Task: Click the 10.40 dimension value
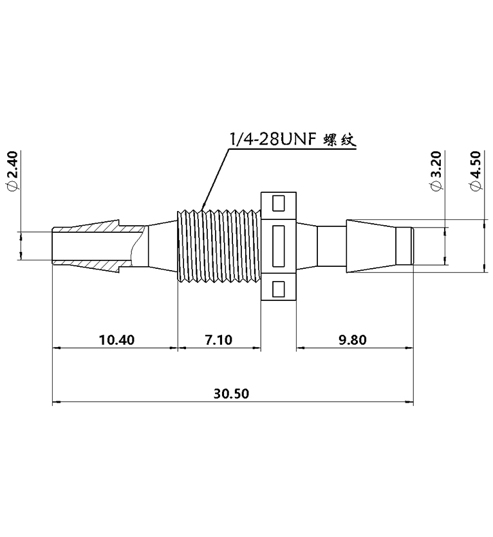(116, 340)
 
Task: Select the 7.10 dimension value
(218, 340)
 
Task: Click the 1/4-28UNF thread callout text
(271, 140)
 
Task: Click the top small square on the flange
(278, 204)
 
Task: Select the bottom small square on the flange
(278, 289)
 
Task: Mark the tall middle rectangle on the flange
(279, 246)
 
